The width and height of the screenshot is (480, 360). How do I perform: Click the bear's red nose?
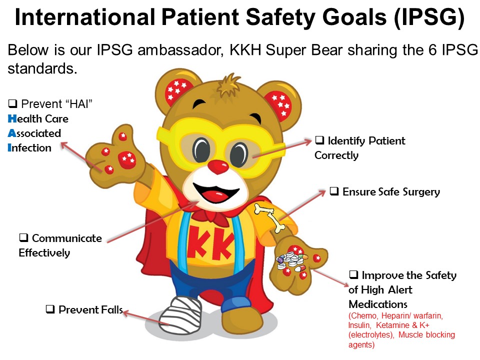pyautogui.click(x=218, y=166)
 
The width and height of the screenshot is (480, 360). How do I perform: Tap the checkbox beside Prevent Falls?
pyautogui.click(x=50, y=309)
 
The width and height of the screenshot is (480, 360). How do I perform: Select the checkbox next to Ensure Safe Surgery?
pyautogui.click(x=334, y=191)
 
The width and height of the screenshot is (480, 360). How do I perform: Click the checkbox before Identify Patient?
pyautogui.click(x=319, y=140)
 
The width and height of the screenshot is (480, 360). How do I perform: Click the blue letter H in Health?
pyautogui.click(x=12, y=119)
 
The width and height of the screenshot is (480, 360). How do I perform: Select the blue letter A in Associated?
pyautogui.click(x=12, y=133)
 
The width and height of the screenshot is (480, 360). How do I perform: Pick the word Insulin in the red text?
pyautogui.click(x=359, y=325)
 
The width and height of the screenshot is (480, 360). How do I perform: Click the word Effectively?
pyautogui.click(x=44, y=253)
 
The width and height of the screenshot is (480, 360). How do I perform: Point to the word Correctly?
pyautogui.click(x=336, y=155)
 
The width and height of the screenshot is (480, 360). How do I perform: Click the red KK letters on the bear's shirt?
pyautogui.click(x=210, y=243)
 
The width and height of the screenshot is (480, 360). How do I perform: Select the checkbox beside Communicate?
pyautogui.click(x=23, y=237)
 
